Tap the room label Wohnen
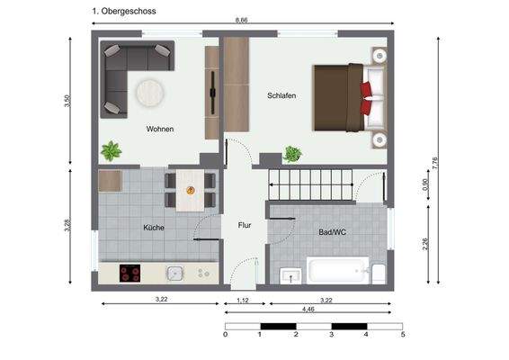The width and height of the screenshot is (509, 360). click(x=160, y=129)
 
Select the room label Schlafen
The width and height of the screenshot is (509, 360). click(x=281, y=95)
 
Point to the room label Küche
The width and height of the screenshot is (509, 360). click(x=154, y=228)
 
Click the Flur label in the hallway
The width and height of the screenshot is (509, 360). click(x=244, y=227)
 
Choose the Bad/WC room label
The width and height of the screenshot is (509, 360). click(x=332, y=231)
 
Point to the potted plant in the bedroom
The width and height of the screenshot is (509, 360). click(x=292, y=154)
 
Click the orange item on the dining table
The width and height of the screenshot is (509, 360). click(x=190, y=190)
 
